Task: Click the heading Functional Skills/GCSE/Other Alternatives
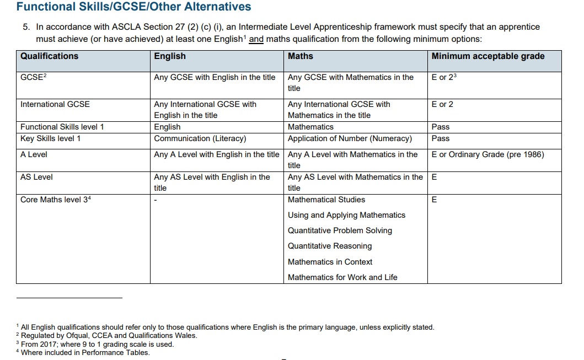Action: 133,7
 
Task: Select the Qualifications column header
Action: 50,56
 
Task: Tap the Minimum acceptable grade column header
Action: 488,56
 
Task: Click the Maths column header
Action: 301,56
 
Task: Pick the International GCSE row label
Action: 55,104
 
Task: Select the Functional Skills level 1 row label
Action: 62,127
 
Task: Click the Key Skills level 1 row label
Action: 51,138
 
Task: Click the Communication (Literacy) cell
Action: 200,138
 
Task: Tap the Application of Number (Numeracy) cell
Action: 350,138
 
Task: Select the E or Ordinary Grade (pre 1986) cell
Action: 488,154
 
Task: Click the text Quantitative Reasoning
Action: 330,246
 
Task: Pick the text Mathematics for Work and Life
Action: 342,277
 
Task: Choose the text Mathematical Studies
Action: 326,200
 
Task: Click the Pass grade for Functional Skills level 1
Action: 441,127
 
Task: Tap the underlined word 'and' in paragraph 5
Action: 256,40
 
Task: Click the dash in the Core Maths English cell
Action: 156,200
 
